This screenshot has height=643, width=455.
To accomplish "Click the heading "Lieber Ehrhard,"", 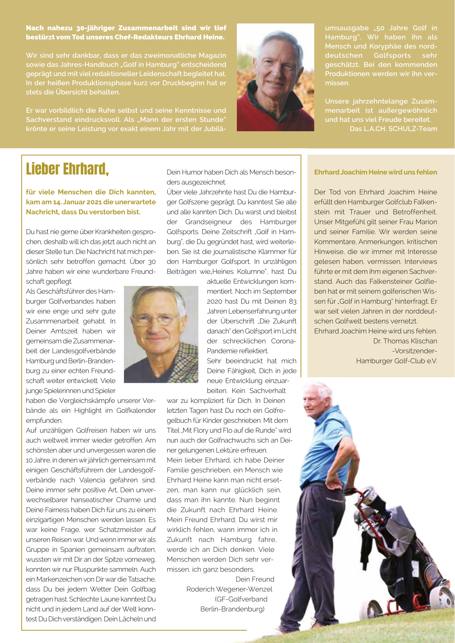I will click(67, 169).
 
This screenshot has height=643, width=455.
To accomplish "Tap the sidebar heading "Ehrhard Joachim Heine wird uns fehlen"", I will click(375, 172).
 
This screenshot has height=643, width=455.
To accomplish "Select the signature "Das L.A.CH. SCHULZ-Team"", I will click(393, 129).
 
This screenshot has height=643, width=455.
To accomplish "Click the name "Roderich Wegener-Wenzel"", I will click(229, 589).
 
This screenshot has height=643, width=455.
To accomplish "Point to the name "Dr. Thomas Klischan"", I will click(405, 341).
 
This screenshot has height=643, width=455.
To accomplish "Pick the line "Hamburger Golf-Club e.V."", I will click(396, 361).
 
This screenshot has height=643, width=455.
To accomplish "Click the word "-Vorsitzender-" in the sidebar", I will click(414, 351).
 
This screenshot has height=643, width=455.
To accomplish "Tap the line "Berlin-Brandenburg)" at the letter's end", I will click(232, 609).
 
